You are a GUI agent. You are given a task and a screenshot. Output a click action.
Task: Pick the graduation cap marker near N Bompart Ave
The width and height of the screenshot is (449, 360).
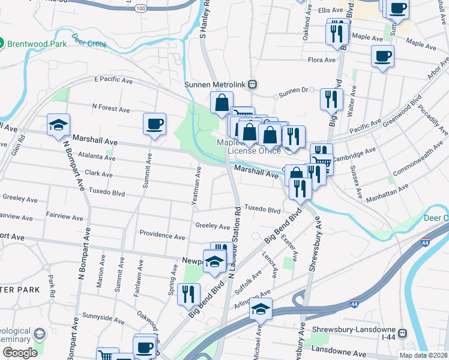(59, 125)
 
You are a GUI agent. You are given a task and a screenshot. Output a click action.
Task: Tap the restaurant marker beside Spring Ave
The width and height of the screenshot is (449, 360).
(189, 294)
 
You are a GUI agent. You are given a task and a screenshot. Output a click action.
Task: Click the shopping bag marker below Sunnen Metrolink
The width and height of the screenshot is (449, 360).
(221, 103)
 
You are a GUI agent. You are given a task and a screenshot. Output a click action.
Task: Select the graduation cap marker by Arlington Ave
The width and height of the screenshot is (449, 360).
(261, 309)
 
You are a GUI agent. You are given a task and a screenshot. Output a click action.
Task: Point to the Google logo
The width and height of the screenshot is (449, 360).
(20, 352)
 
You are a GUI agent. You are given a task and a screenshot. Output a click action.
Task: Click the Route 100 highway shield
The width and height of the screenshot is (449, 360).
(140, 8)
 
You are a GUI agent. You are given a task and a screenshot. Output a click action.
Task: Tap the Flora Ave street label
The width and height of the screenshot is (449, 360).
(321, 60)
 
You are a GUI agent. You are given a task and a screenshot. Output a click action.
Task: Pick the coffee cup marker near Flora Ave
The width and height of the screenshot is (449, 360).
(382, 57)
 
